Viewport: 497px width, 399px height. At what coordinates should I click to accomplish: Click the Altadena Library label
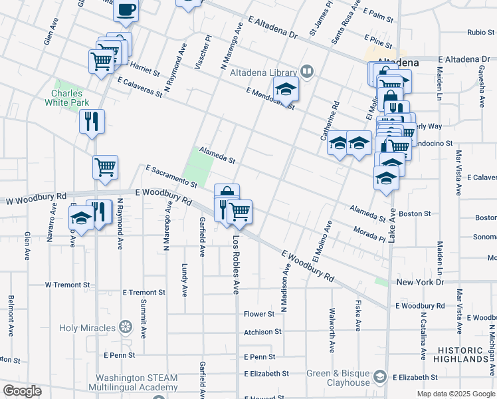pos(263,72)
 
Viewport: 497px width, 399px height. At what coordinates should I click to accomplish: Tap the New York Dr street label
pos(420,283)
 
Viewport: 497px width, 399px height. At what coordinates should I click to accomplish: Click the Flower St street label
pos(259,314)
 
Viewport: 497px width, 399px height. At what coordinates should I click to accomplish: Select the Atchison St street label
pos(262,331)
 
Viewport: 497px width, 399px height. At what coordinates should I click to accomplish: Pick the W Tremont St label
pos(67,285)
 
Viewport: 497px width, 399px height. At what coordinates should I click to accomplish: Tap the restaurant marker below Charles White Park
pos(92,122)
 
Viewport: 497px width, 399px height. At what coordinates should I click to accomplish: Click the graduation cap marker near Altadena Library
pos(286,90)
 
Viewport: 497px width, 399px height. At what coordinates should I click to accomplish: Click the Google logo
pos(22,391)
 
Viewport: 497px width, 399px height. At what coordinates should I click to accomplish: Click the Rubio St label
pos(481,32)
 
